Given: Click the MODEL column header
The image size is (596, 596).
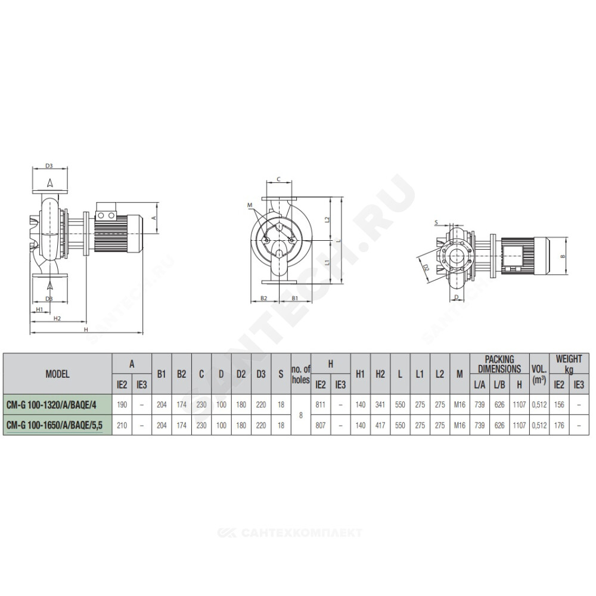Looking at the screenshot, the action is pos(57,374).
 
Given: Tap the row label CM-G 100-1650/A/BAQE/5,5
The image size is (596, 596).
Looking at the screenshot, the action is pos(54,426).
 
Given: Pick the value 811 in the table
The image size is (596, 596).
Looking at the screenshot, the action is pos(321,405).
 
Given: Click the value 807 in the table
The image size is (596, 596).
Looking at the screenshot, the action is pos(321,426).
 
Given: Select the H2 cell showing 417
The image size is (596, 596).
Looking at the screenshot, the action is pos(380,426).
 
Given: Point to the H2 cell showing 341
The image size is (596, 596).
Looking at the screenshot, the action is pos(380,405).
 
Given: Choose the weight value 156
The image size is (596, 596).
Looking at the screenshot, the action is pos(559,405).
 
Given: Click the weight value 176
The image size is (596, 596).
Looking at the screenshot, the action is pos(559,426).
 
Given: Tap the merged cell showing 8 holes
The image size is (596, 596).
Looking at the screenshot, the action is pos(300,415).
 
